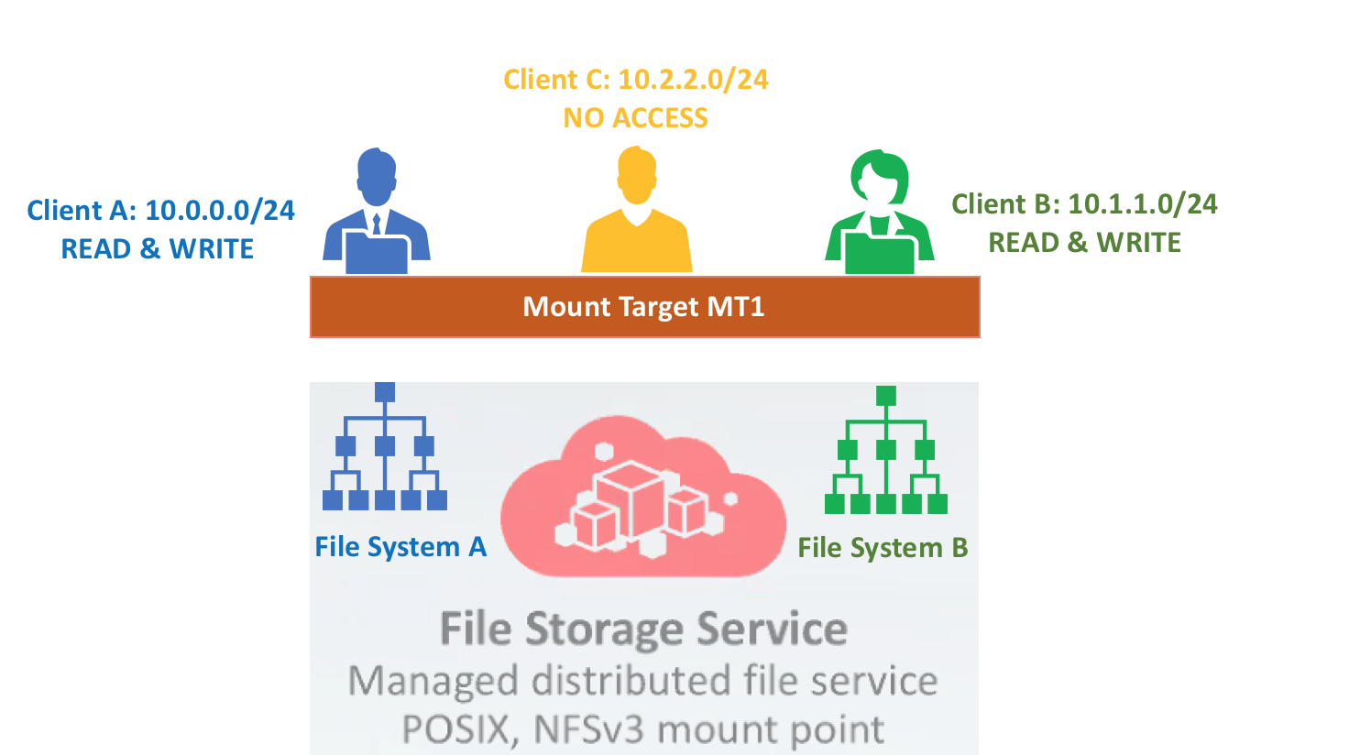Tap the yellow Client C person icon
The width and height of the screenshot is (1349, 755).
(x=637, y=211)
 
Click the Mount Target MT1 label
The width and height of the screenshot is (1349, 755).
(x=644, y=307)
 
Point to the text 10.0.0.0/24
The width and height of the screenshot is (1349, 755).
(x=220, y=211)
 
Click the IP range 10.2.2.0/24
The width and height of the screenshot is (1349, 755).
(x=693, y=80)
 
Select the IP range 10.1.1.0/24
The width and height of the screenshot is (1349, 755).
(x=1143, y=204)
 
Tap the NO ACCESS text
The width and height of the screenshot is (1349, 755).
(x=635, y=118)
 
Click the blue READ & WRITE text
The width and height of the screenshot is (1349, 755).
(x=158, y=249)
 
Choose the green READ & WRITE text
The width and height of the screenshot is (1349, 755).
(x=1084, y=243)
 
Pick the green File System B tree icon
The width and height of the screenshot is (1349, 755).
(x=885, y=450)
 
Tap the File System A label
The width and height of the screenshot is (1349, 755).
(x=400, y=547)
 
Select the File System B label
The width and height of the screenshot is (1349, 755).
(x=883, y=548)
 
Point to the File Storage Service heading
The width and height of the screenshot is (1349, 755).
(x=643, y=629)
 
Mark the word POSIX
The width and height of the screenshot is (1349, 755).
(x=455, y=730)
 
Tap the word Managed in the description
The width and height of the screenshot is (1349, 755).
(x=434, y=681)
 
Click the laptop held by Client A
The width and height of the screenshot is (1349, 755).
(x=376, y=252)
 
